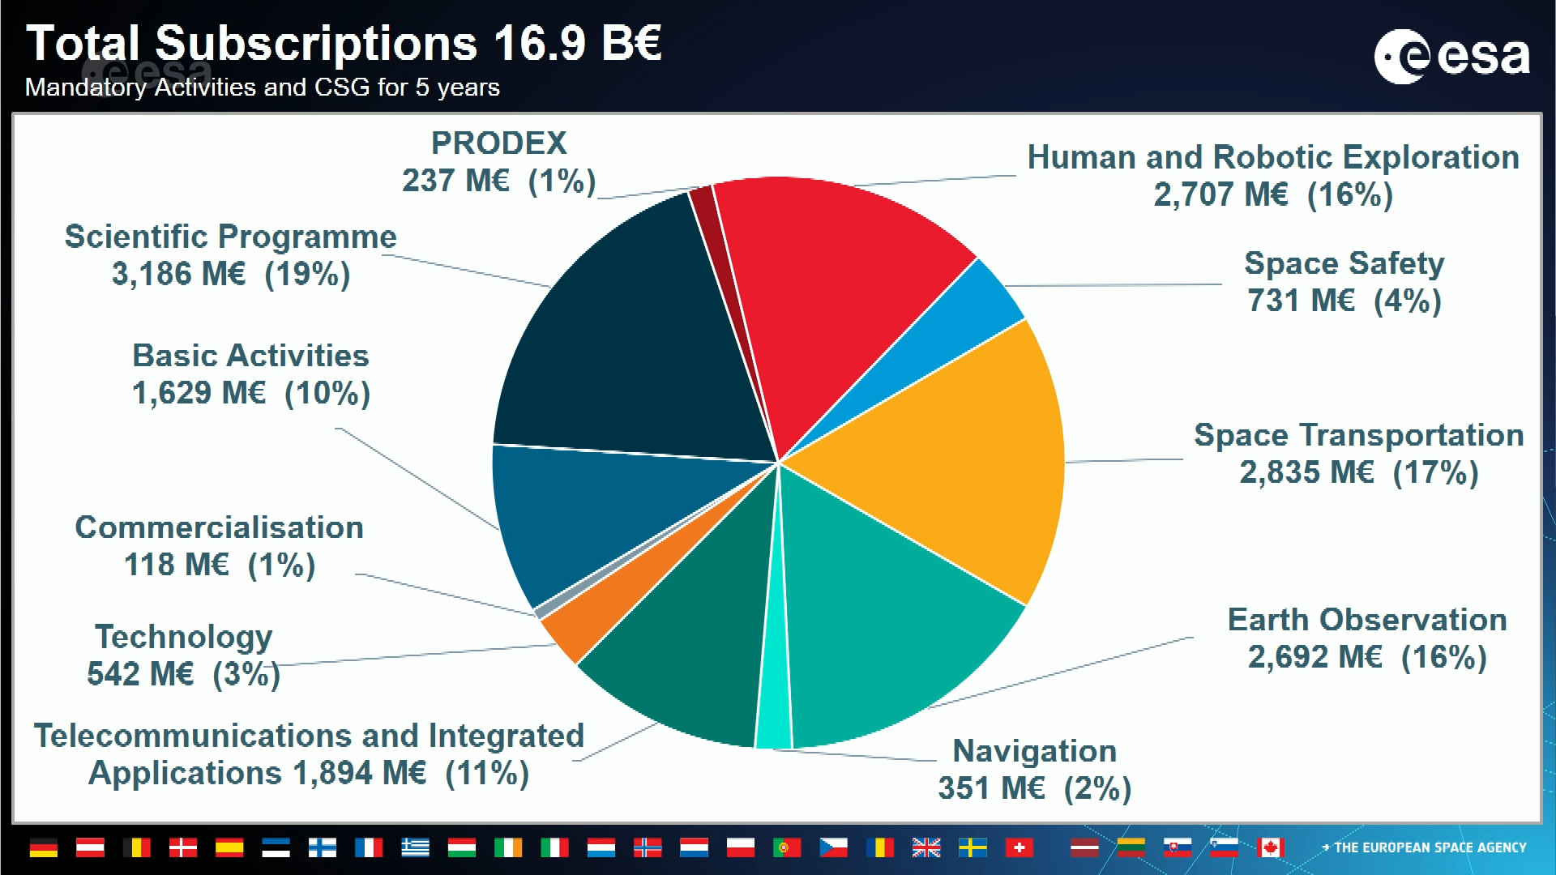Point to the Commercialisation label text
tap(219, 527)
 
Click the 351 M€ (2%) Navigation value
tap(1034, 788)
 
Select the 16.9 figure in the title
tap(538, 43)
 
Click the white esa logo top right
tap(1451, 57)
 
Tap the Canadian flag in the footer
tap(1270, 847)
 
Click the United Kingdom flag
tap(926, 847)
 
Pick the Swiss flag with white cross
tap(1020, 847)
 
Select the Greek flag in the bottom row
tap(416, 847)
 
